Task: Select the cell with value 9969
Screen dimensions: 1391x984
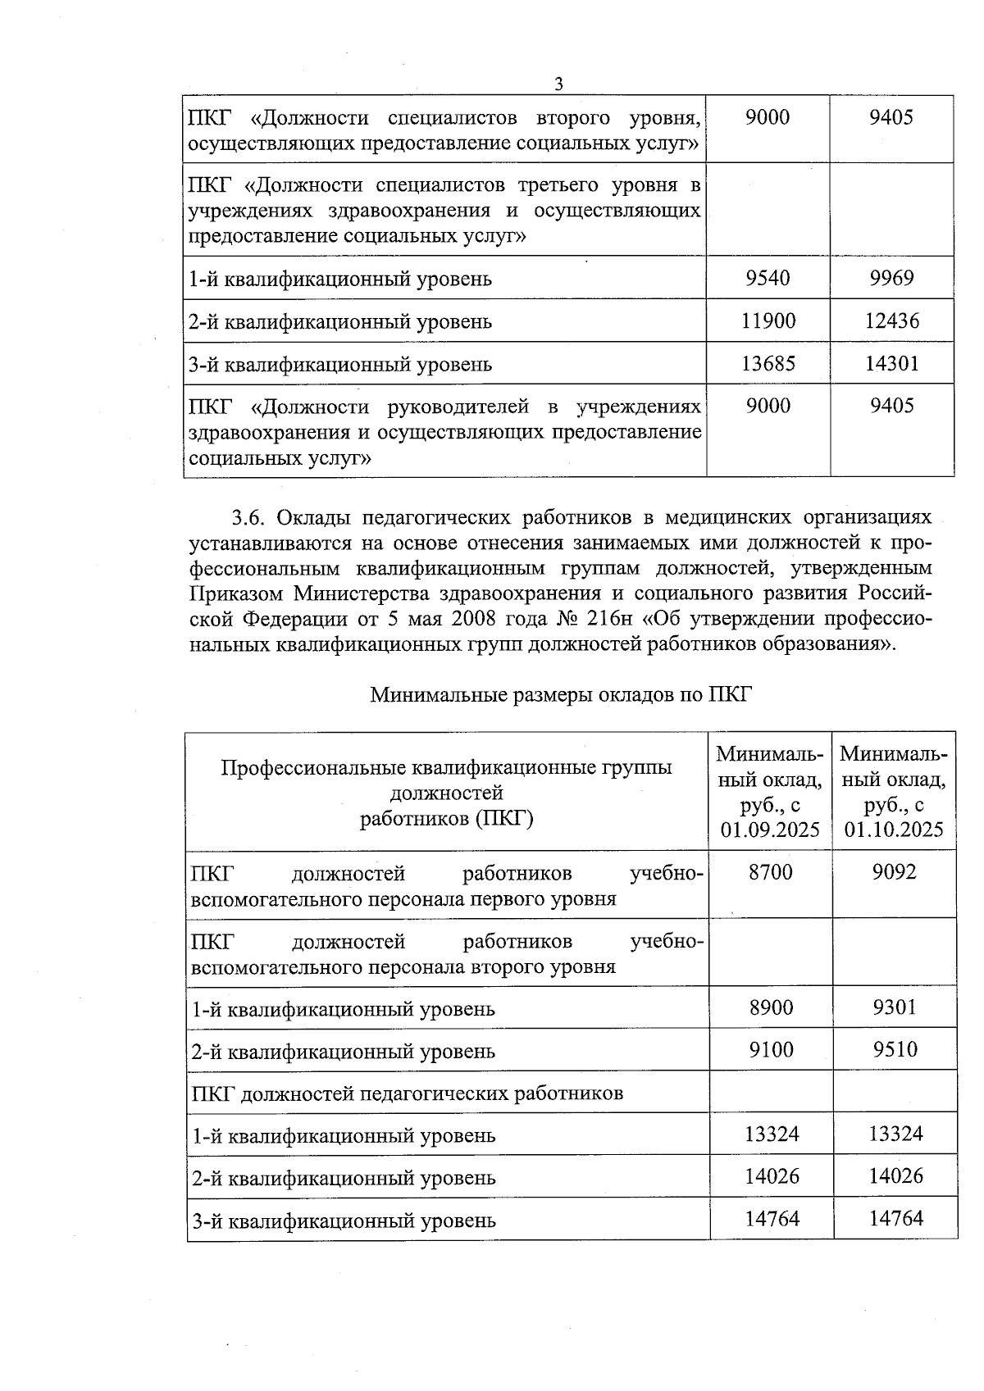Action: click(891, 278)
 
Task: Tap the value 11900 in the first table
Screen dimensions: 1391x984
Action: click(768, 320)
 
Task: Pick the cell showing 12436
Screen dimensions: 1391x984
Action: click(891, 320)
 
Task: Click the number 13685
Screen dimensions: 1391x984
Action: click(768, 363)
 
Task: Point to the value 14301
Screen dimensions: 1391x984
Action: click(891, 363)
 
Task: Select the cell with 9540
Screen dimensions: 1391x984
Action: click(768, 278)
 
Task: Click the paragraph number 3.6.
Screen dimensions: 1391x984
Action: click(250, 517)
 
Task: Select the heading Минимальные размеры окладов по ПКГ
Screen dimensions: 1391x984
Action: click(561, 695)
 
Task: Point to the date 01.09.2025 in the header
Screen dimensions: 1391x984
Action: click(771, 830)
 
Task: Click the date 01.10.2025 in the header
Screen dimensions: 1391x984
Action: click(895, 830)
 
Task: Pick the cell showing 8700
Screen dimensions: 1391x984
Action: click(771, 872)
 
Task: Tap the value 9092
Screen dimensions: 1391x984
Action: click(895, 872)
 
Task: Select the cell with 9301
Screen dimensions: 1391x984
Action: click(895, 1007)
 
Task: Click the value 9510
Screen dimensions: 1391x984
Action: click(895, 1050)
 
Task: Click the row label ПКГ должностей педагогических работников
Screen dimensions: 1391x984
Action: click(407, 1093)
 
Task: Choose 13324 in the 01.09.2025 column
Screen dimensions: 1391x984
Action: click(771, 1134)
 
